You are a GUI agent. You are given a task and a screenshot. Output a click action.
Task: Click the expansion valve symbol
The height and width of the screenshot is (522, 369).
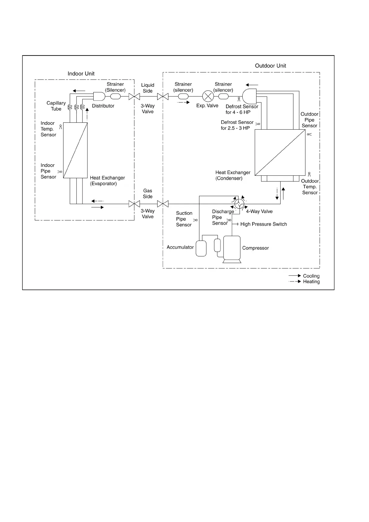[x=208, y=96]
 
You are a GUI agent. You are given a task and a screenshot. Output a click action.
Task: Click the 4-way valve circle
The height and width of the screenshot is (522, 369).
[x=239, y=204]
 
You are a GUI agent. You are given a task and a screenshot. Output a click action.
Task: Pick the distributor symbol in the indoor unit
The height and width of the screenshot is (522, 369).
[x=99, y=96]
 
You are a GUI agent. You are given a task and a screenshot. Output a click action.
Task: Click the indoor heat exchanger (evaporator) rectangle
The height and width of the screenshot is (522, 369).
[x=75, y=150]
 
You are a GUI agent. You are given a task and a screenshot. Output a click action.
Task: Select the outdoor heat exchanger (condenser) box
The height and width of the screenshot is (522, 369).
[x=280, y=153]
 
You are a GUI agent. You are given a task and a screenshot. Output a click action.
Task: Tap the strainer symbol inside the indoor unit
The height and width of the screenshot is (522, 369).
[x=115, y=96]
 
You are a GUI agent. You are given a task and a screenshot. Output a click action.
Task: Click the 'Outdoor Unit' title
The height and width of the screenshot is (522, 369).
[x=270, y=66]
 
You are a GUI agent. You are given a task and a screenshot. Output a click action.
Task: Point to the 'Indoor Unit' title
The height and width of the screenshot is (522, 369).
[x=81, y=74]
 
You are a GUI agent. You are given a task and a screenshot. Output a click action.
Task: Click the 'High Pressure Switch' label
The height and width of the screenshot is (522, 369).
[x=264, y=224]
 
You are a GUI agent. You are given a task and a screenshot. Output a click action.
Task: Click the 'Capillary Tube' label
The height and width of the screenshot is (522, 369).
[x=56, y=106]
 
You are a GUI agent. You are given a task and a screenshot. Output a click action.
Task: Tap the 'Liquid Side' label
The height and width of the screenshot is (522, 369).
[x=148, y=88]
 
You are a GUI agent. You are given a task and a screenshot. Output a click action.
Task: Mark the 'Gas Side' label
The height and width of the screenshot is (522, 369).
[x=148, y=194]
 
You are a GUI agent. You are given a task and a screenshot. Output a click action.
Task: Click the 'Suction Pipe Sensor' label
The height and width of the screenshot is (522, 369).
[x=184, y=219]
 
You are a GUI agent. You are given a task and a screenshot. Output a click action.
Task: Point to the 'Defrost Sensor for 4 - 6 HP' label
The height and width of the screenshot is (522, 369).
[x=242, y=109]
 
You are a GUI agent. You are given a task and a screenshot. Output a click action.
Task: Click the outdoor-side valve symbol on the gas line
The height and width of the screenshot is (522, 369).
[x=163, y=204]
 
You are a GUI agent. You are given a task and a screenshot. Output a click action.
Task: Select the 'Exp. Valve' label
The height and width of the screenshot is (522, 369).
[x=207, y=106]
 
